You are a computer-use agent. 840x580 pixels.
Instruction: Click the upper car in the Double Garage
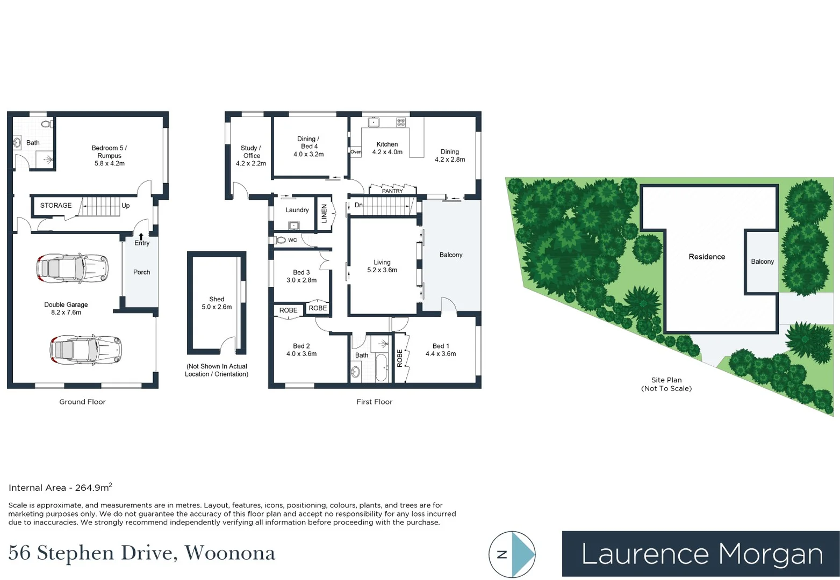(73, 267)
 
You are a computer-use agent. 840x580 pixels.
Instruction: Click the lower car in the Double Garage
(86, 349)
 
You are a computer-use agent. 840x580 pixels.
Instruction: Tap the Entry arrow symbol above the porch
(141, 236)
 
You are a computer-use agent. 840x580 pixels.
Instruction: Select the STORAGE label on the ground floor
(56, 206)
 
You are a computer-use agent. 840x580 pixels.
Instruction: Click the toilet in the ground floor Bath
(46, 124)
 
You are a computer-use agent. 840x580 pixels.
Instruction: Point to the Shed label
(217, 299)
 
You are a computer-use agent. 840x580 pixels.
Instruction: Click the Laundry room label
(297, 210)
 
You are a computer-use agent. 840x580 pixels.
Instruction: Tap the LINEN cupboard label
(324, 213)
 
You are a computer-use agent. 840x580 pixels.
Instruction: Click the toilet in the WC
(281, 240)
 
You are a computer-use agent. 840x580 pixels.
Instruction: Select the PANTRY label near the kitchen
(392, 191)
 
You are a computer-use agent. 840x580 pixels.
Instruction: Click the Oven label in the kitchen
(356, 152)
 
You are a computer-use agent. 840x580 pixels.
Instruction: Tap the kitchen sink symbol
(373, 122)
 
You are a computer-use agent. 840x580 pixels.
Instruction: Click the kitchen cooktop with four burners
(401, 122)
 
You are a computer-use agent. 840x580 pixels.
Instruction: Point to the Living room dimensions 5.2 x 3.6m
(382, 270)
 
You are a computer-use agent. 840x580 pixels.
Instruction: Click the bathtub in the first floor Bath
(381, 367)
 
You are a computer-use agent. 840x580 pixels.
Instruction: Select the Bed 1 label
(441, 346)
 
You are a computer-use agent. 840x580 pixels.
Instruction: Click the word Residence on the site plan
(707, 257)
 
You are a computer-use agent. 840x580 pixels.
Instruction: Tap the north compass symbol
(512, 554)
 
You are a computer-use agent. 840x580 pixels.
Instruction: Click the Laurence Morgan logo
(701, 554)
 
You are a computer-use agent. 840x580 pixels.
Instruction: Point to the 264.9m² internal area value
(94, 488)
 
